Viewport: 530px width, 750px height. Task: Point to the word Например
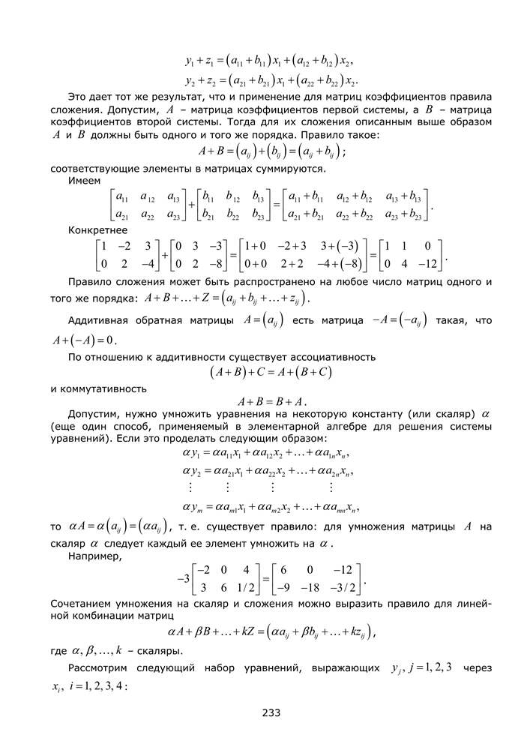94,556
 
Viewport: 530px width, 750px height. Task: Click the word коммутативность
97,388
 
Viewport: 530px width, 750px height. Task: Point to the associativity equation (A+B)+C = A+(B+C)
271,372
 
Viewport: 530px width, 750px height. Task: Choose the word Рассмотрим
100,668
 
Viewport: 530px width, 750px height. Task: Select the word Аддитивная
97,320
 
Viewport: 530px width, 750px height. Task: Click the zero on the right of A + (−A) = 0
115,339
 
